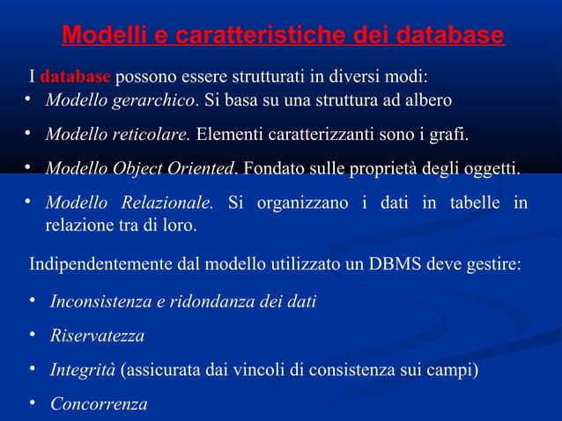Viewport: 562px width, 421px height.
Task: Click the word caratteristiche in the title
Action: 262,36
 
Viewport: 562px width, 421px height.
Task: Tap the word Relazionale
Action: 169,203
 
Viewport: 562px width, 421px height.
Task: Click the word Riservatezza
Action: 97,336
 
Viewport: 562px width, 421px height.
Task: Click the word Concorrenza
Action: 99,404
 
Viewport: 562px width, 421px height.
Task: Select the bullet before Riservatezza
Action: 32,335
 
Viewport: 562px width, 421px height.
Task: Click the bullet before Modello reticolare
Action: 27,134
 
